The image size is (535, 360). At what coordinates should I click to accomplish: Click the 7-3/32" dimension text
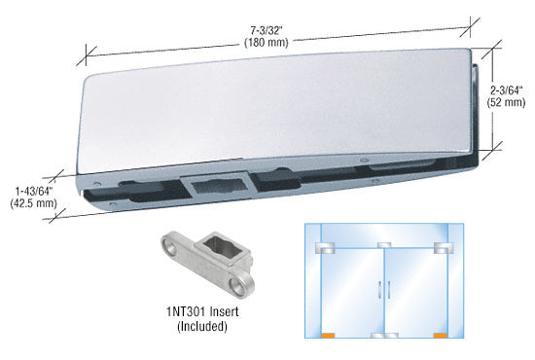click(x=267, y=31)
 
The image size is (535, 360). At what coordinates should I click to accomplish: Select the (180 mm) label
click(x=267, y=43)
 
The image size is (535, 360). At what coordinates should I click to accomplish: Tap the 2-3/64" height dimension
click(x=507, y=90)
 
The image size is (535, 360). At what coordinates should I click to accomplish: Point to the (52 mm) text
click(x=507, y=102)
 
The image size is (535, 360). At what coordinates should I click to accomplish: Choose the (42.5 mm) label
click(x=33, y=203)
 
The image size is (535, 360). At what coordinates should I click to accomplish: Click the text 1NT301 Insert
click(x=202, y=312)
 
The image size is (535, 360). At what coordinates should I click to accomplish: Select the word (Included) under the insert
click(x=202, y=326)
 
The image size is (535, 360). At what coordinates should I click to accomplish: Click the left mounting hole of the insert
click(x=170, y=247)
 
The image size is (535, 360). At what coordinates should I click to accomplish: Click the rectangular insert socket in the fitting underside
click(x=217, y=188)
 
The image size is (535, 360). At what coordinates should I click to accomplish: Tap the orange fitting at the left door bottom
click(x=328, y=336)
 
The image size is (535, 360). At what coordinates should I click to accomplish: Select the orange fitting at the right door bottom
click(x=440, y=336)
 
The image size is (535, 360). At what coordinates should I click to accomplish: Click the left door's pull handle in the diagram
click(x=379, y=289)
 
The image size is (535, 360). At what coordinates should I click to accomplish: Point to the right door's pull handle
click(x=389, y=289)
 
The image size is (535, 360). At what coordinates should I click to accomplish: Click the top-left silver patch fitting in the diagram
click(x=325, y=248)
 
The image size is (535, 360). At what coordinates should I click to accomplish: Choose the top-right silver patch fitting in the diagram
click(x=444, y=248)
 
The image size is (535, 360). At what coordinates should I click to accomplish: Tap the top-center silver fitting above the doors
click(x=384, y=245)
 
